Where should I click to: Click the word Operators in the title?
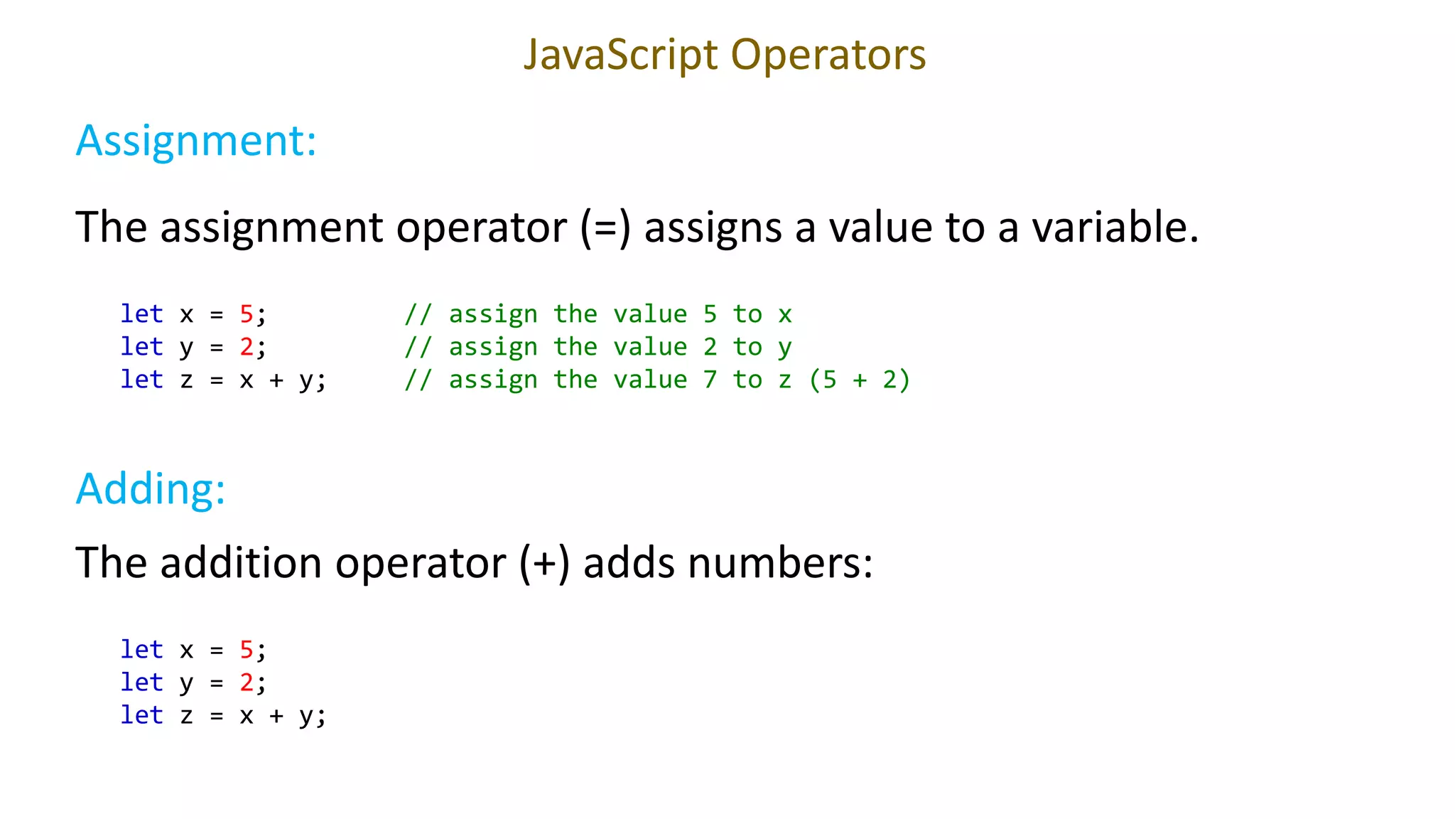point(828,55)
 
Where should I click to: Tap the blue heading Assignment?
point(196,141)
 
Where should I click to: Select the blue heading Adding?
point(151,489)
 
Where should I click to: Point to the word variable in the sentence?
point(1115,227)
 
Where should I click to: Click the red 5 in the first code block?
point(247,314)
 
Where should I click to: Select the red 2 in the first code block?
point(247,346)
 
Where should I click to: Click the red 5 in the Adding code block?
point(247,649)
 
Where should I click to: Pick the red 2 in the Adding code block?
point(247,682)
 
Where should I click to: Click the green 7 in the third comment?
point(710,380)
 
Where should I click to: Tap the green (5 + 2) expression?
point(860,380)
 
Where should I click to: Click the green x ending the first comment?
point(784,314)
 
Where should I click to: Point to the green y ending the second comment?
point(784,348)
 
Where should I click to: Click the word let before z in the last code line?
point(141,714)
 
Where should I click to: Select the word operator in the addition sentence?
point(421,563)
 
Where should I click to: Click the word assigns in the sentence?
point(713,227)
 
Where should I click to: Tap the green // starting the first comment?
point(418,314)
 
